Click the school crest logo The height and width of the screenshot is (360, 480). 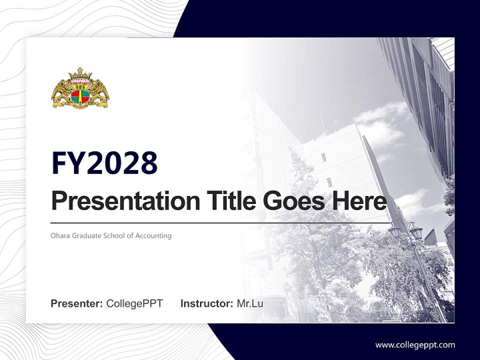pos(80,88)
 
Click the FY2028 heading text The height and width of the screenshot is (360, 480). pos(104,162)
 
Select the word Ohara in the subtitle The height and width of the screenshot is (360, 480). pos(59,235)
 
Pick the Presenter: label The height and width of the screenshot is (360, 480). pos(77,303)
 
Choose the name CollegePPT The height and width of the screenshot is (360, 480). pos(134,303)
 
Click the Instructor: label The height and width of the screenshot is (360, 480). pos(206,303)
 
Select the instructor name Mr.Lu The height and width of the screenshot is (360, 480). pos(250,303)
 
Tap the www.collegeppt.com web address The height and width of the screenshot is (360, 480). pos(415,344)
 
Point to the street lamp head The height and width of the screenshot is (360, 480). pos(395,231)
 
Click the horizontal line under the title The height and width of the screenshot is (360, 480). pos(220,222)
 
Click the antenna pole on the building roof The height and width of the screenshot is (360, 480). pos(321,120)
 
